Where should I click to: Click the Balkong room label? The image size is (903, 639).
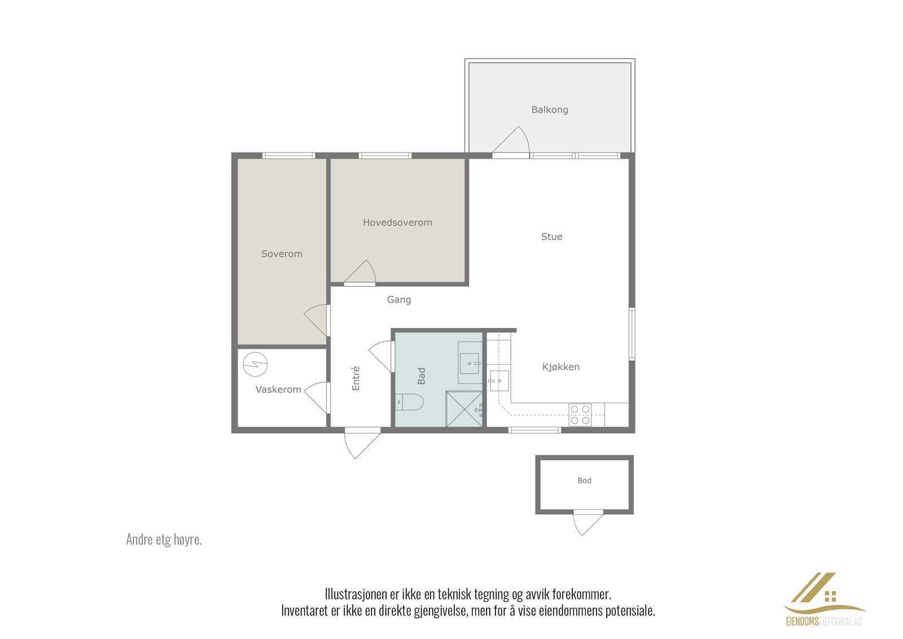coord(549,110)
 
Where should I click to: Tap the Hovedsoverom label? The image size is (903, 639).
coord(397,222)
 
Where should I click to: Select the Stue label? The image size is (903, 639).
coord(551,237)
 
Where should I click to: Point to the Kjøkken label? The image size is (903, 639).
coord(560,367)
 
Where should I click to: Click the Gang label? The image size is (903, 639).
coord(398,300)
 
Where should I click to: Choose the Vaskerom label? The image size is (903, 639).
coord(278,389)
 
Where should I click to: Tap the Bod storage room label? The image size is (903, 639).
coord(584,481)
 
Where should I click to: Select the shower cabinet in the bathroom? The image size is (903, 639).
coord(464,409)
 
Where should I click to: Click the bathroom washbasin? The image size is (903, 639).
coord(470,362)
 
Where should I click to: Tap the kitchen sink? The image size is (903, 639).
coord(499,380)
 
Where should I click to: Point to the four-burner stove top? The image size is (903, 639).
coord(580,414)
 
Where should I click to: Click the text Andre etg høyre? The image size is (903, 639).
coord(164,540)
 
